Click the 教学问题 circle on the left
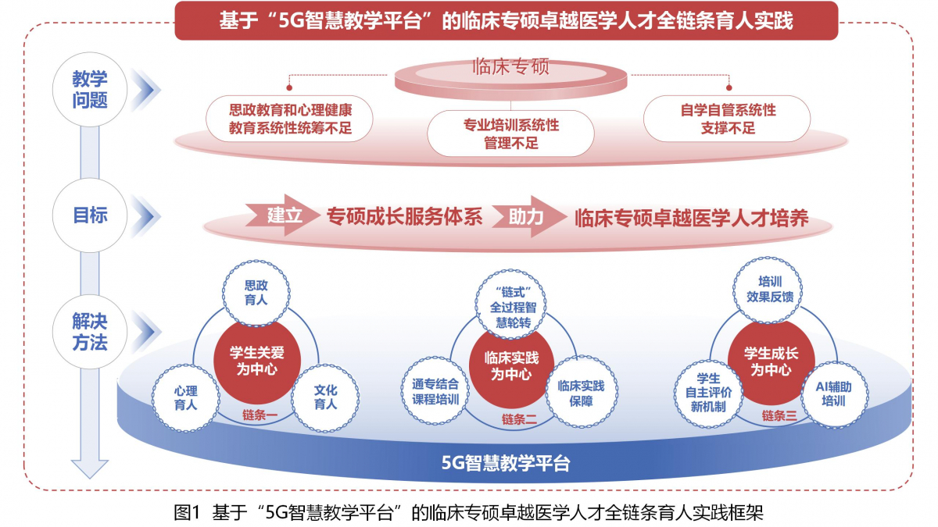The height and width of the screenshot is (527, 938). pos(90,89)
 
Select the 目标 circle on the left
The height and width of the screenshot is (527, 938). pos(90,215)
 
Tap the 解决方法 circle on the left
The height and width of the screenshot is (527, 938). pos(90,332)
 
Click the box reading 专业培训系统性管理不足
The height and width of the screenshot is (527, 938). pos(511,134)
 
